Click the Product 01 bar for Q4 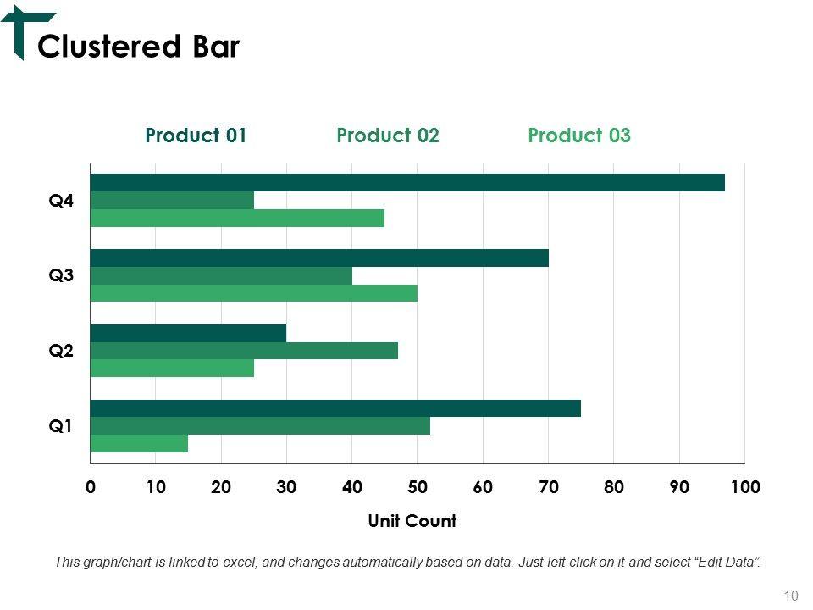tap(407, 182)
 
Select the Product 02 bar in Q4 tap(172, 201)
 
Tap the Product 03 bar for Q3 tap(254, 293)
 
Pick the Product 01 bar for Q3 tap(319, 258)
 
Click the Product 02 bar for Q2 tap(244, 350)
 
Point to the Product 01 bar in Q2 tap(188, 333)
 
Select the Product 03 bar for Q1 tap(139, 443)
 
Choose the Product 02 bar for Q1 tap(260, 425)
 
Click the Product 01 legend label tap(196, 136)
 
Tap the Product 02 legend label tap(388, 136)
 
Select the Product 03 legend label tap(579, 136)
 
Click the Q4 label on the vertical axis tap(61, 201)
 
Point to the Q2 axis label tap(61, 351)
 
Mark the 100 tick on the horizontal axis tap(745, 487)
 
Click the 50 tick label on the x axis tap(418, 487)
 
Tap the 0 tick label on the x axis tap(91, 487)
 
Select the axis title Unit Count tap(412, 521)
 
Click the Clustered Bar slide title tap(139, 47)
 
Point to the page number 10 tap(792, 596)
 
